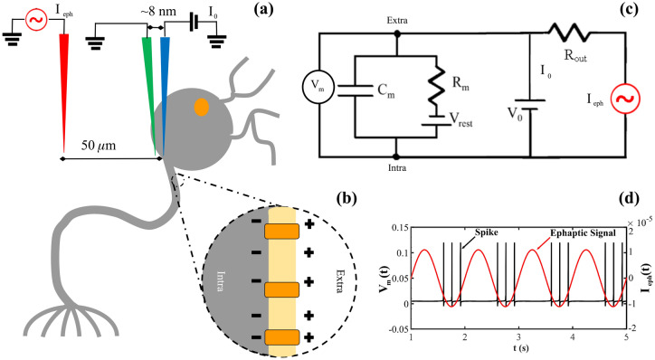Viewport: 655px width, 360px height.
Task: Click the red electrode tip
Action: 64,145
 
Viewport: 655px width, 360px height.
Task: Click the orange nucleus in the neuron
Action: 201,108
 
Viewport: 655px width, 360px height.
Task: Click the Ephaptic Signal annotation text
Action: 574,232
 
